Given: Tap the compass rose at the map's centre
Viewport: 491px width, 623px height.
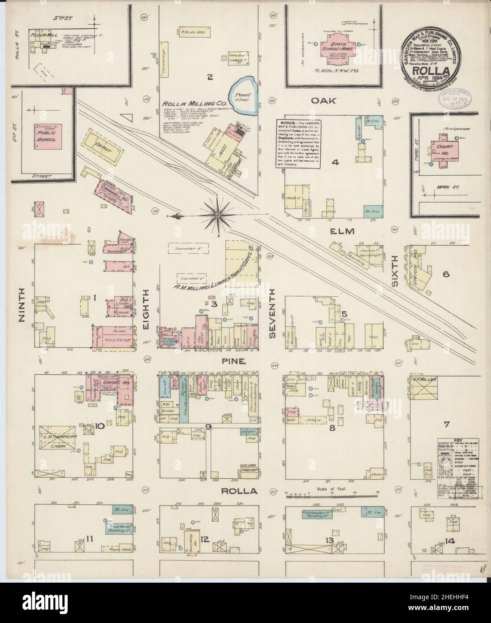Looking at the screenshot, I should point(217,216).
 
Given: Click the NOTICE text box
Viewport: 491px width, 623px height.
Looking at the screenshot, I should point(297,143).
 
